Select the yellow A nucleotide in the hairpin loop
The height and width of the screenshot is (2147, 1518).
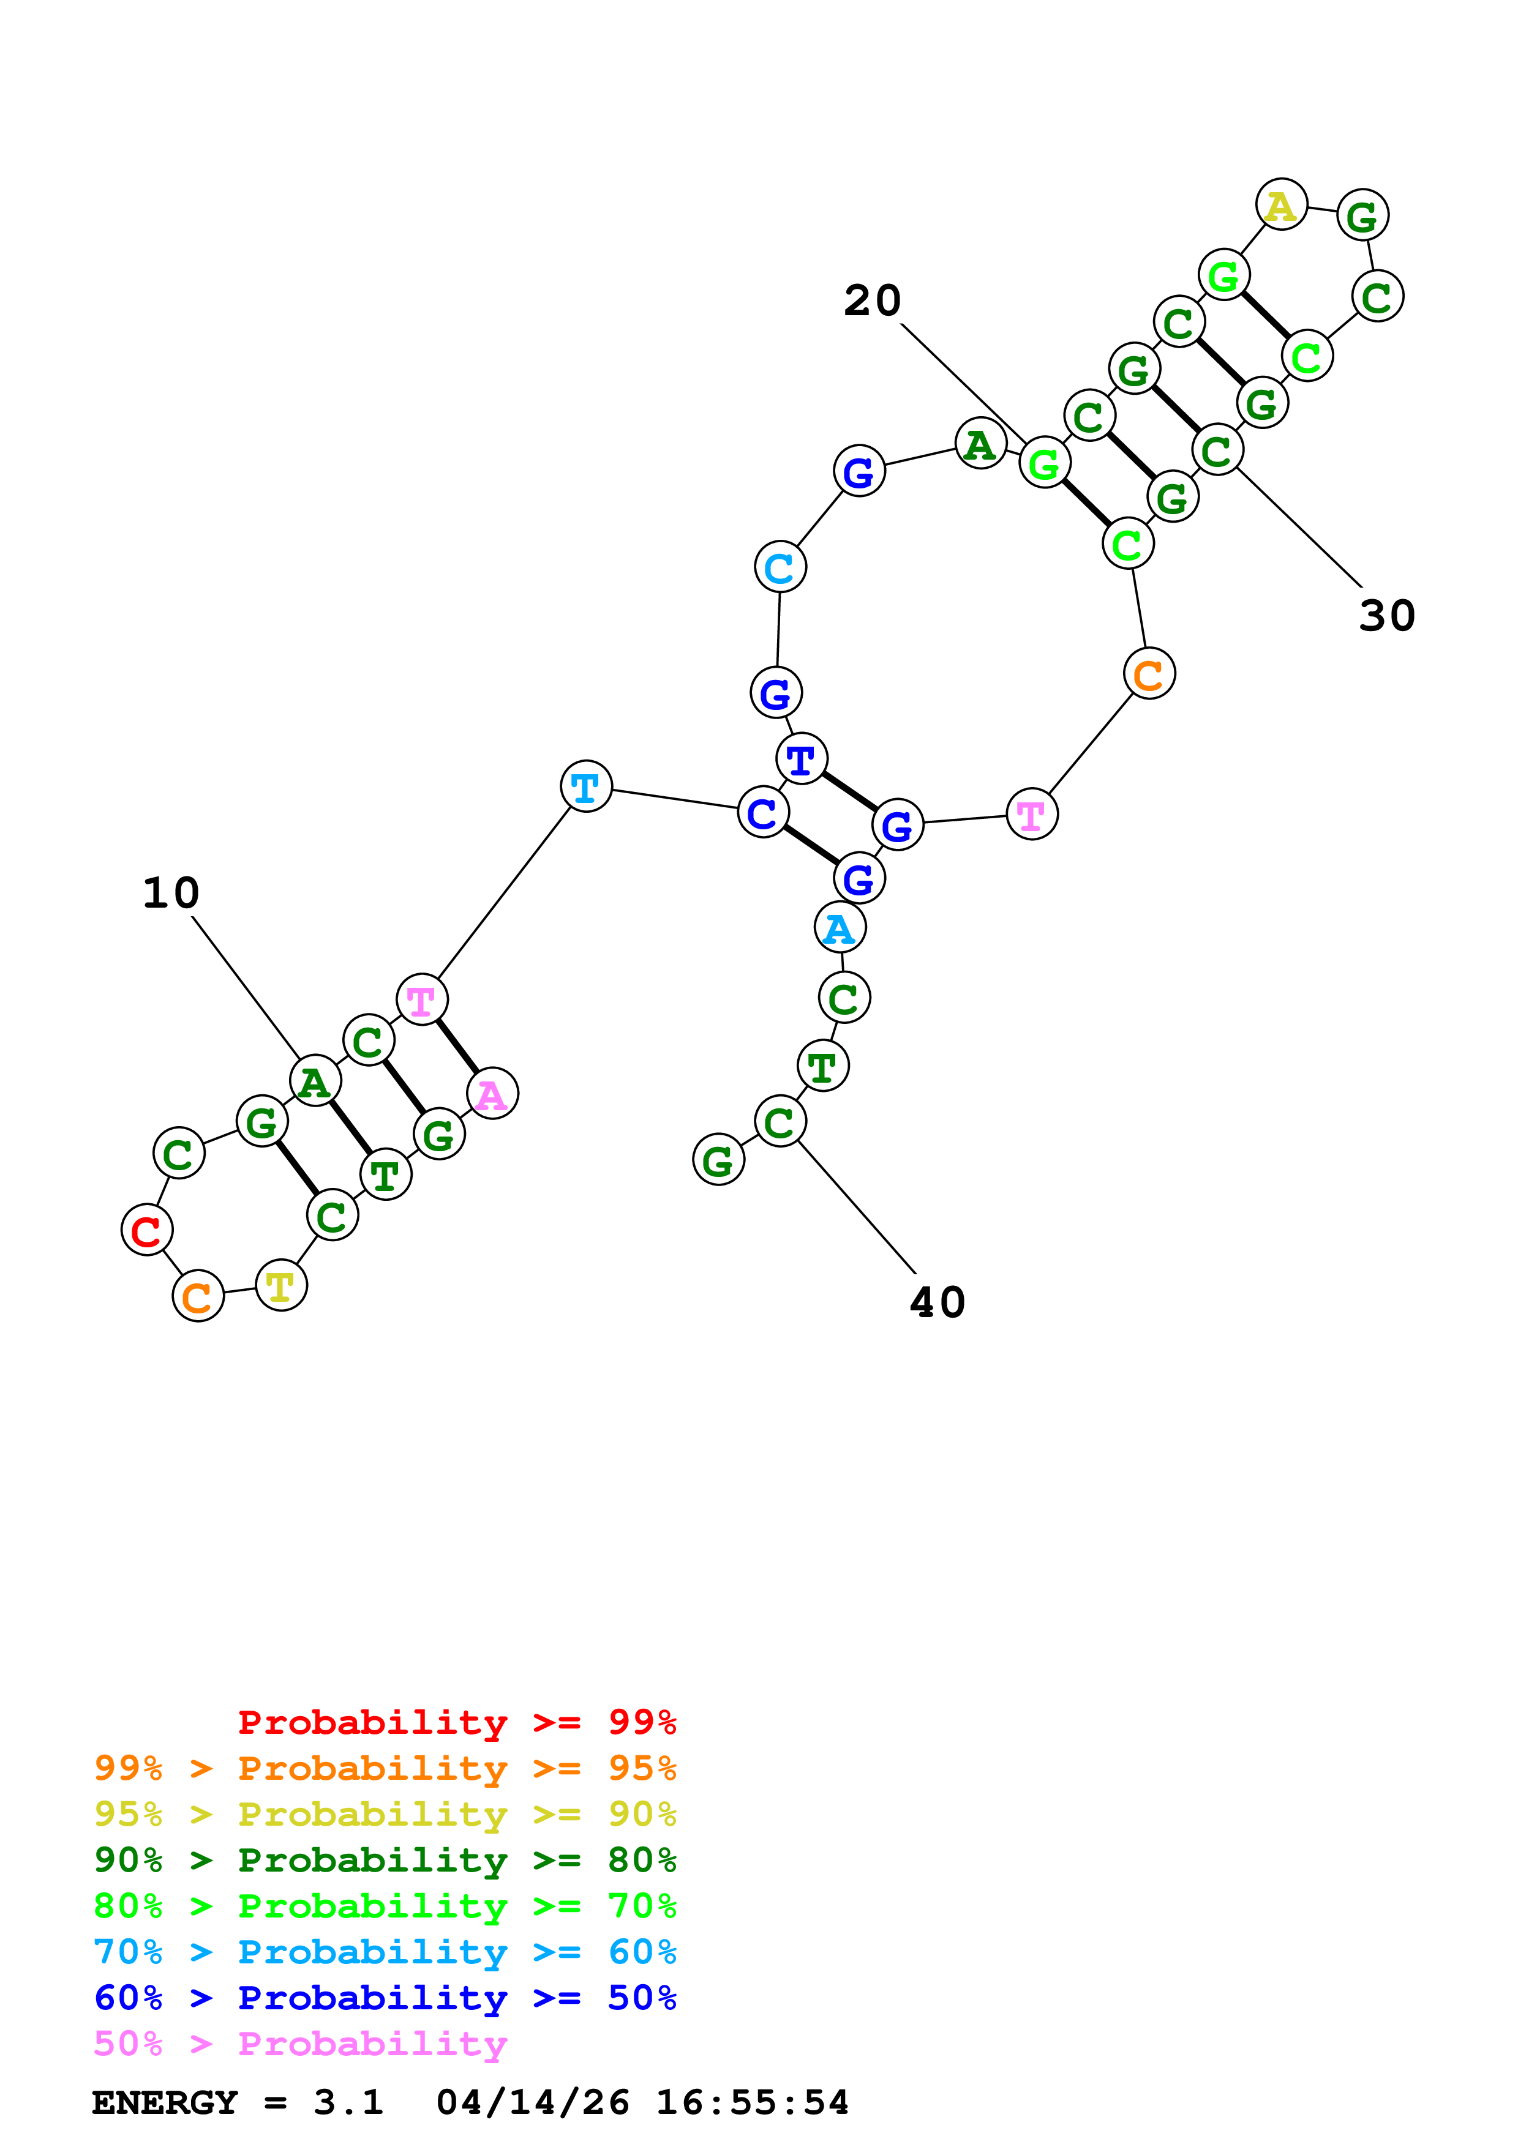[1280, 205]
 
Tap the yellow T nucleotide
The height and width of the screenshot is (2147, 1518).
[280, 1286]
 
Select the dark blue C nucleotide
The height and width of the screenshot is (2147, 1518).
[763, 813]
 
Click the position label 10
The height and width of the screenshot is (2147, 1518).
[171, 893]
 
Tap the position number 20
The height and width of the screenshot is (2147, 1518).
[872, 301]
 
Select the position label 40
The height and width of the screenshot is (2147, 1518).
[937, 1302]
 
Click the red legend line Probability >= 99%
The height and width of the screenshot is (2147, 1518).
[456, 1722]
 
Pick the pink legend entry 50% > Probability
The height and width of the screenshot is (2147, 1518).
[300, 2044]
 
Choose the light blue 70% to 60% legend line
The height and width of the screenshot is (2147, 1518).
[385, 1952]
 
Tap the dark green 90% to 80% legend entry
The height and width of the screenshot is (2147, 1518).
[385, 1860]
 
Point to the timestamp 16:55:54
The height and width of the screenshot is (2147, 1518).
[752, 2103]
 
